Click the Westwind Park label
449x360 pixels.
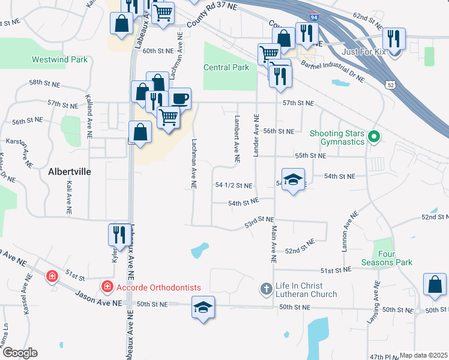(x=59, y=60)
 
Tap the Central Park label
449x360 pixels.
(x=226, y=68)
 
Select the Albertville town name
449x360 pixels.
(x=69, y=172)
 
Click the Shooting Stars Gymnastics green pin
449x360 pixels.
(x=374, y=137)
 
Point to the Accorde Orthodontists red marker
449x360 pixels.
(x=107, y=287)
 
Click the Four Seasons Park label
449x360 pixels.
(x=387, y=258)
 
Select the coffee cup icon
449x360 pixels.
(x=180, y=98)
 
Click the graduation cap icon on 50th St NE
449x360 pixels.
(x=203, y=308)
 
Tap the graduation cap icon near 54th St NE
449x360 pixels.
(x=293, y=180)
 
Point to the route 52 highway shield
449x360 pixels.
(x=390, y=85)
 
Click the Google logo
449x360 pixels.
(x=19, y=353)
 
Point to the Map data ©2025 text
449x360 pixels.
(x=424, y=356)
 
